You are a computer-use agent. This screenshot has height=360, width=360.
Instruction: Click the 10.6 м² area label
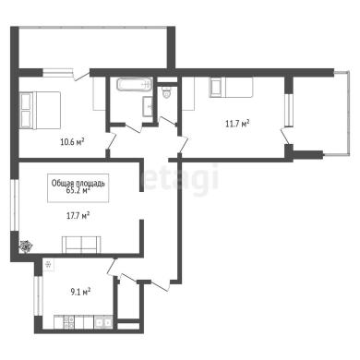(x=72, y=142)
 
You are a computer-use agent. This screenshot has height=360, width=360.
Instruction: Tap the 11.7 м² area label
(x=237, y=124)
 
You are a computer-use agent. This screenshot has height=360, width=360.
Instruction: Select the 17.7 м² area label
(x=78, y=215)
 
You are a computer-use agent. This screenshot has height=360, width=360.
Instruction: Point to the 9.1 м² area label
(x=80, y=292)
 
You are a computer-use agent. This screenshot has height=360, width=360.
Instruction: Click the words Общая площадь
(x=78, y=183)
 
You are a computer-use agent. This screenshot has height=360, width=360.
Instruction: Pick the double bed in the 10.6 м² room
(x=40, y=111)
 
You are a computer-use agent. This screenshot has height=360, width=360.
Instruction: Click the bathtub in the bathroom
(x=135, y=84)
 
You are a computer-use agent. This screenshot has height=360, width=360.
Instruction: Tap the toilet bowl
(x=166, y=92)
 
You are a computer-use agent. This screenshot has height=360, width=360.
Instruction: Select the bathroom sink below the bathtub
(x=148, y=106)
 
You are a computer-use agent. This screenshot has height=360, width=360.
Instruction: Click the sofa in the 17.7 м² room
(x=81, y=245)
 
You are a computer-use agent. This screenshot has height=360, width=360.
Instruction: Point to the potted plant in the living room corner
(x=26, y=246)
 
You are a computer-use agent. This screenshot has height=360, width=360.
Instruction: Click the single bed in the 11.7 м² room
(x=232, y=88)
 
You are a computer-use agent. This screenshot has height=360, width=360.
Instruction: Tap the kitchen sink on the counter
(x=103, y=322)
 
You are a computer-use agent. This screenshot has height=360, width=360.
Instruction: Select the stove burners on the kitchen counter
(x=68, y=322)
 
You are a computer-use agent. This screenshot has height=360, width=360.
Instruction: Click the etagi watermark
(x=181, y=177)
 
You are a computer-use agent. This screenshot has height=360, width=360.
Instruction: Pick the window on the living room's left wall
(x=15, y=205)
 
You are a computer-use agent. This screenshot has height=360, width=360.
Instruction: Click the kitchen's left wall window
(x=38, y=295)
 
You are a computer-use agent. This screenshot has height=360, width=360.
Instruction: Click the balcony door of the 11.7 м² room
(x=285, y=137)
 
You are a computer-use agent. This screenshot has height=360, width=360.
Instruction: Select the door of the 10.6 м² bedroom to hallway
(x=112, y=141)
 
